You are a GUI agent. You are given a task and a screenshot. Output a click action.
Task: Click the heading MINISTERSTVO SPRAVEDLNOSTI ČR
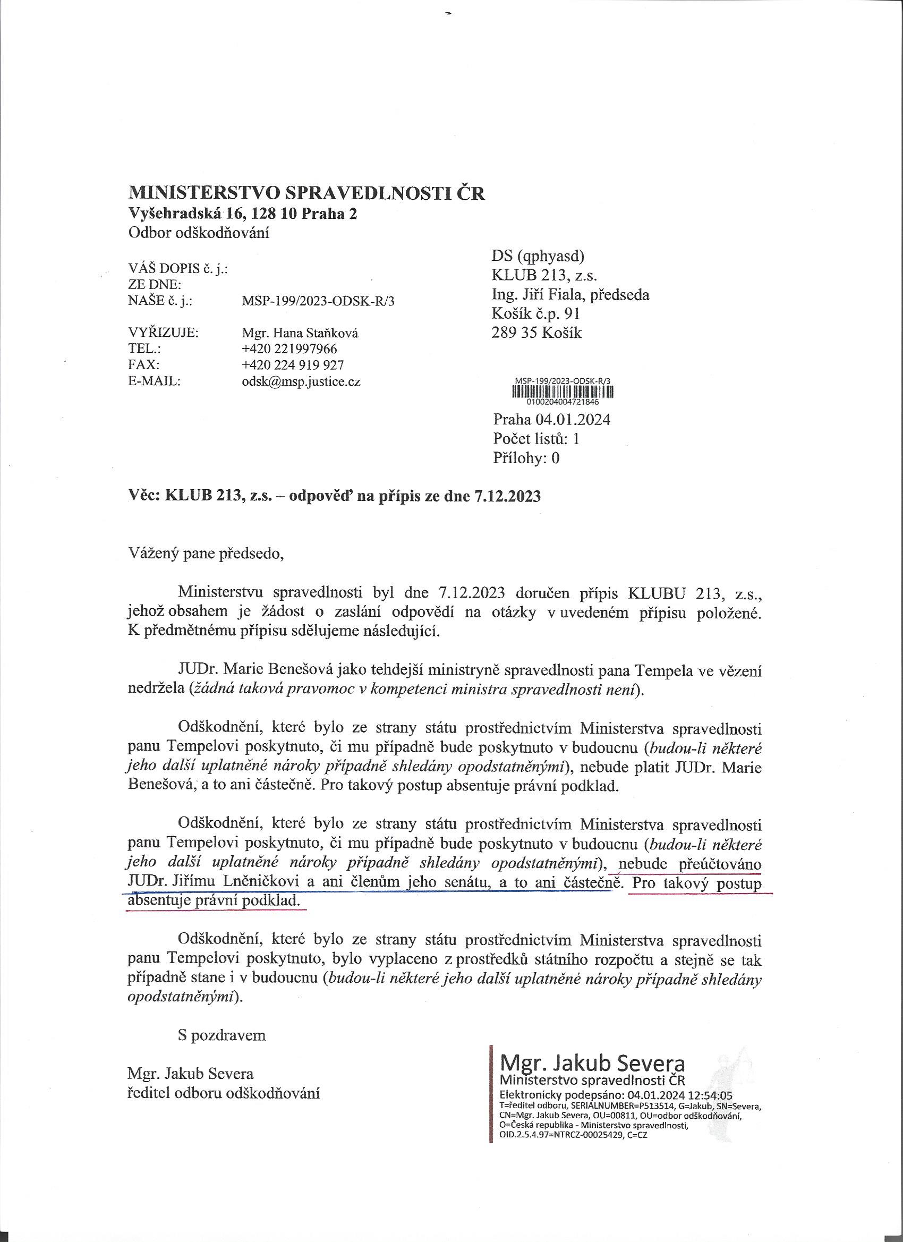(x=306, y=193)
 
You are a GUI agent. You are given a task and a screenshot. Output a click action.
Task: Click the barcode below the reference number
(x=563, y=392)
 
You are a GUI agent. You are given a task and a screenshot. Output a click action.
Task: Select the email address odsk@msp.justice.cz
(x=301, y=382)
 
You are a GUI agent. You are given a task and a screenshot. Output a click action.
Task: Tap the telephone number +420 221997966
(x=289, y=349)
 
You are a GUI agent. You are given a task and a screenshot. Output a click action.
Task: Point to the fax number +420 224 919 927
(x=293, y=365)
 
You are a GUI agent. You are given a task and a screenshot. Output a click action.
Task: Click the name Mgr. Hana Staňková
(x=296, y=333)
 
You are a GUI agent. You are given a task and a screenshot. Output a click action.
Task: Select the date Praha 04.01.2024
(x=551, y=420)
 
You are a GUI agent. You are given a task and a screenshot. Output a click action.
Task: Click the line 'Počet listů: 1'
(x=536, y=438)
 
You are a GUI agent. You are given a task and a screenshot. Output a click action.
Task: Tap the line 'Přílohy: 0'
(x=526, y=457)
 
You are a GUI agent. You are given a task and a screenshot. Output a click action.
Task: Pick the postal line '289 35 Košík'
(x=536, y=333)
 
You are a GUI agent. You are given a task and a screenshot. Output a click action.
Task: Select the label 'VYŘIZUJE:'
(x=163, y=333)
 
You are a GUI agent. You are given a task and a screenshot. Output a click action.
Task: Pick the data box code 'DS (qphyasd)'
(x=539, y=257)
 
